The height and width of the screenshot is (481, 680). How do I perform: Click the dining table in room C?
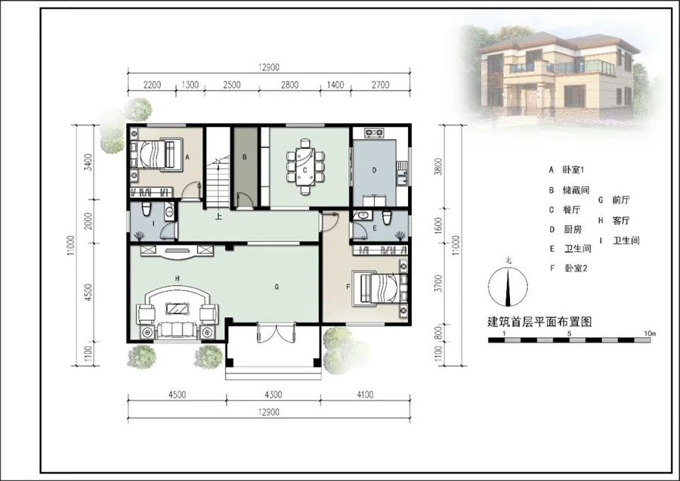305,166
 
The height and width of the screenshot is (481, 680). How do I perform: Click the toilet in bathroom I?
147,208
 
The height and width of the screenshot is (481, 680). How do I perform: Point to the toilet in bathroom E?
387,216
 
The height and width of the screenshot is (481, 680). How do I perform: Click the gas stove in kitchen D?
375,132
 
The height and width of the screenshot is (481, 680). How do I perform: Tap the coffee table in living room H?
178,309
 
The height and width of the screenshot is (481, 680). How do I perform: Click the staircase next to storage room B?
218,182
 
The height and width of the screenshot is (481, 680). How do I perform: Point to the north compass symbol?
508,286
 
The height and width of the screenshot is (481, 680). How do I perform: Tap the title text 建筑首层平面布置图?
540,321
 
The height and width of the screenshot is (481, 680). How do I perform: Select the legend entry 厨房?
573,229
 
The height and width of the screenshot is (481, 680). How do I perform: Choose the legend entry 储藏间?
576,190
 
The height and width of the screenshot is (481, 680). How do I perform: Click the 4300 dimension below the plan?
274,394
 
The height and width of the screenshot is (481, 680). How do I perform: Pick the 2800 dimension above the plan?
289,85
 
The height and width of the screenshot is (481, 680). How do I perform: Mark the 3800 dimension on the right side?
438,166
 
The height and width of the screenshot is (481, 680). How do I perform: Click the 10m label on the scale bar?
650,334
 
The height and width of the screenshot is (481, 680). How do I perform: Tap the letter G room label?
277,287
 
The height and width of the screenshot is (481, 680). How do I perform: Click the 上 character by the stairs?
218,216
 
